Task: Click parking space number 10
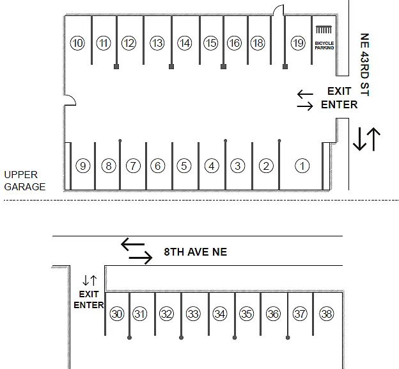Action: pos(77,43)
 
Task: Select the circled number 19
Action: pos(298,43)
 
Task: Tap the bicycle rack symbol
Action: pos(324,29)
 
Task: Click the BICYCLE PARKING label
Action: pos(324,45)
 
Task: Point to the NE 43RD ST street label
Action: pos(364,65)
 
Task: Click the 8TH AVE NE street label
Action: pos(196,252)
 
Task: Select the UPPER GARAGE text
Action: pos(25,181)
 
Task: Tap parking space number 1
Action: pos(302,166)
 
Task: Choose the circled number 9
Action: pos(83,166)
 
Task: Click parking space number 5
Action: pos(184,166)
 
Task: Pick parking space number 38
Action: pos(327,314)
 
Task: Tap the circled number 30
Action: pos(117,314)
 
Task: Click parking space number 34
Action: pos(220,314)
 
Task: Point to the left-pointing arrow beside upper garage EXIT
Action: pos(305,94)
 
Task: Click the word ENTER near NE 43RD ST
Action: pos(339,105)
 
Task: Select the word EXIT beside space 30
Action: pos(89,294)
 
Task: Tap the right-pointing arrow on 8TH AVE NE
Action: pos(141,258)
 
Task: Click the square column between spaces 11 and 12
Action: pos(116,67)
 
